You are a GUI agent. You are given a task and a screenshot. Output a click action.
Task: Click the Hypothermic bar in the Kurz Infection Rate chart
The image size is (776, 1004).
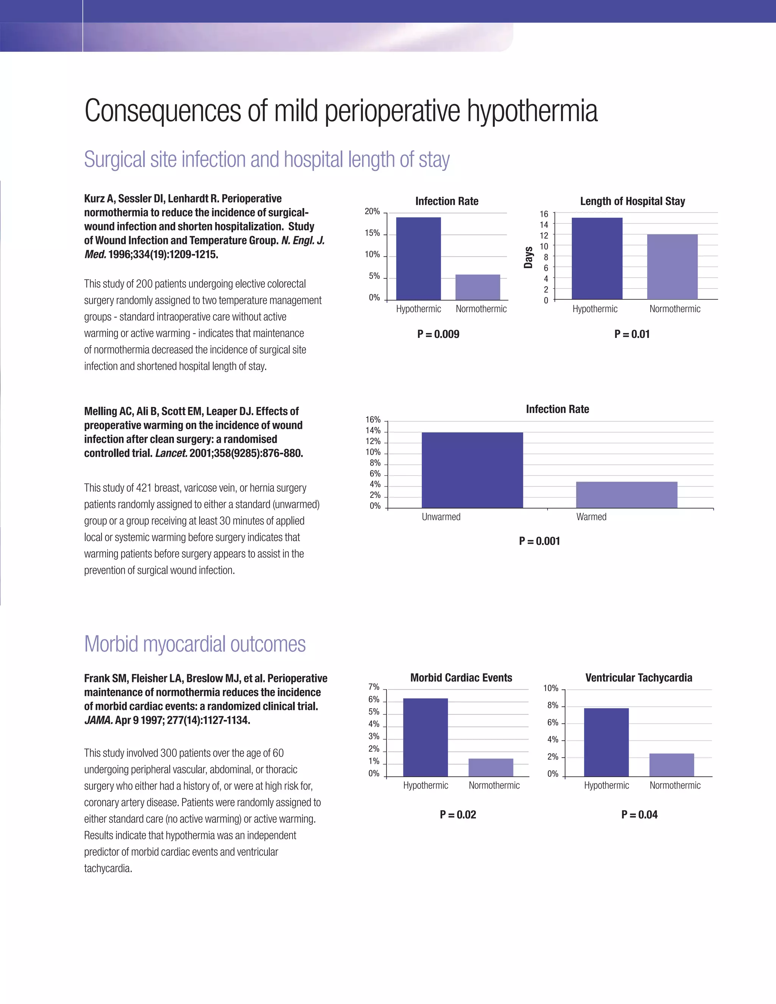(418, 258)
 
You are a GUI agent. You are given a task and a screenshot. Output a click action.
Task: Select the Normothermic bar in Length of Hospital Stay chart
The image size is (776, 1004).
(672, 267)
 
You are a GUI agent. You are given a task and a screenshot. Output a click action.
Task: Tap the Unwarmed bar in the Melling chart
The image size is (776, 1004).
(472, 470)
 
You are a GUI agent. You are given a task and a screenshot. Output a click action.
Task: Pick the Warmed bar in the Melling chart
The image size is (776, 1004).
(627, 495)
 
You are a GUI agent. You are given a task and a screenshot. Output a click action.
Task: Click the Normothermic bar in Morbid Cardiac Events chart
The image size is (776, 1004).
(491, 767)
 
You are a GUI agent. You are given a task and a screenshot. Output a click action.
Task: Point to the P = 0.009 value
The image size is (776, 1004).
(438, 334)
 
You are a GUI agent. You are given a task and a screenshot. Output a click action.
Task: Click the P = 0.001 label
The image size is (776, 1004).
(539, 541)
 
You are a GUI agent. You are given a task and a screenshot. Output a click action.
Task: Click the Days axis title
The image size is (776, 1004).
(528, 257)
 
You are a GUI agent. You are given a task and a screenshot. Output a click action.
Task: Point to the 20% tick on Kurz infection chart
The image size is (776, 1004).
(372, 211)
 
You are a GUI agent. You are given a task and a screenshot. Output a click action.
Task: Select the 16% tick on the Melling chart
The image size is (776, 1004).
(373, 420)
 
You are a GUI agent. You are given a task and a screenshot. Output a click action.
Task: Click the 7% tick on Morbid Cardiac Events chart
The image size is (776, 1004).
(374, 687)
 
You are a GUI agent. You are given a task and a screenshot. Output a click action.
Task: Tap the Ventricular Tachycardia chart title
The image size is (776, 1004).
(638, 678)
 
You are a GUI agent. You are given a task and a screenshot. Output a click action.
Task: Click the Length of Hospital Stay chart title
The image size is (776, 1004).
(632, 201)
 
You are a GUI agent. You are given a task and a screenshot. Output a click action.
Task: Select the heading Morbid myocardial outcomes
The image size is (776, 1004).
(194, 644)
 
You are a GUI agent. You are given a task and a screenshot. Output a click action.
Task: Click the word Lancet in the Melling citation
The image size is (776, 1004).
(171, 453)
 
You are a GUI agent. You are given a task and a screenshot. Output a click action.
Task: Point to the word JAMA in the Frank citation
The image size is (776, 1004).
(98, 720)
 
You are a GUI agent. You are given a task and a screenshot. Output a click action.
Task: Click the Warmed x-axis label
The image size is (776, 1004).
(591, 517)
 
